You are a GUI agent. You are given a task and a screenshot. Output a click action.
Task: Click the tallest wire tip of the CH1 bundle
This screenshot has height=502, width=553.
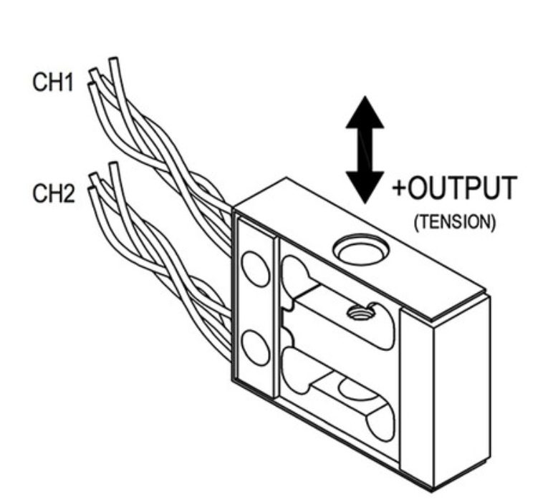pyautogui.click(x=112, y=62)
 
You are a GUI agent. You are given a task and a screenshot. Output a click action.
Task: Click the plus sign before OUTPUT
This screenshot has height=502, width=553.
pyautogui.click(x=399, y=190)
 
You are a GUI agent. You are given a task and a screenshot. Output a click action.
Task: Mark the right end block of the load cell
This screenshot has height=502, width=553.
pyautogui.click(x=458, y=387)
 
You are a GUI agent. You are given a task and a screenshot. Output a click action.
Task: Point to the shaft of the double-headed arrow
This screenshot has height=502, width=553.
pyautogui.click(x=365, y=150)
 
